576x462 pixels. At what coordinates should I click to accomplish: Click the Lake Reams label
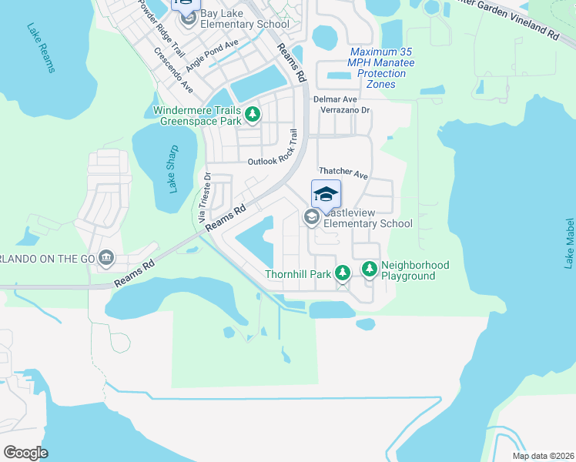[x=41, y=48]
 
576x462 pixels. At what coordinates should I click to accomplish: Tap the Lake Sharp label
[x=172, y=169]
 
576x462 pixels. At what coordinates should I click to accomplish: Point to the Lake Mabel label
[x=569, y=243]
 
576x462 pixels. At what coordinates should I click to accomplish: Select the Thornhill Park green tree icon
[x=343, y=273]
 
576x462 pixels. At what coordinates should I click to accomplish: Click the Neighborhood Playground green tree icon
[x=370, y=269]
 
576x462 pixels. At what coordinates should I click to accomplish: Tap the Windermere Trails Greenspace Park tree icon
[x=252, y=115]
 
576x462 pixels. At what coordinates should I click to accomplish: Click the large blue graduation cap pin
[x=326, y=194]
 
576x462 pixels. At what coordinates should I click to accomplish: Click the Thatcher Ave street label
[x=343, y=174]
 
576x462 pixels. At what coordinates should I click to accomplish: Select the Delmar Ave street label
[x=335, y=99]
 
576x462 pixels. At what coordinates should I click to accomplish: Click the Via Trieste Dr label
[x=205, y=198]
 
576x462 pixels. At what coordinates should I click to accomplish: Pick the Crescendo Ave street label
[x=173, y=70]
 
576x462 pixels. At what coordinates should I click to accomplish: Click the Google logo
[x=25, y=452]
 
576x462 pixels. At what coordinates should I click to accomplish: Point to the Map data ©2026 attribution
[x=543, y=456]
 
